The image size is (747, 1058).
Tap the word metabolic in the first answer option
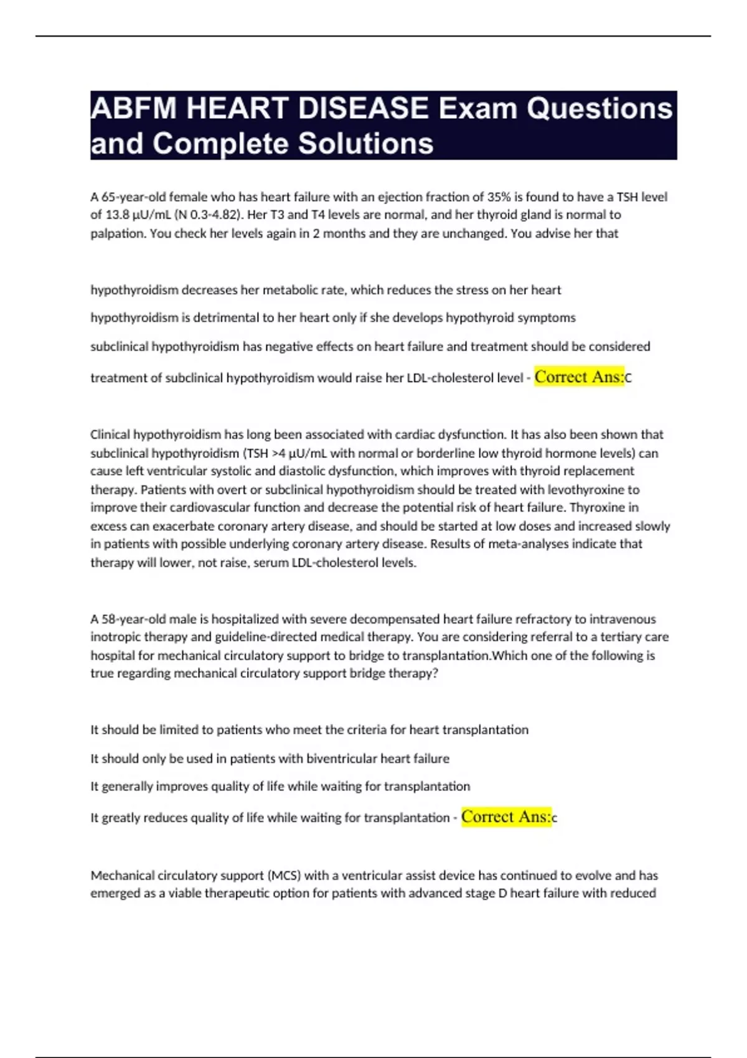[x=289, y=290]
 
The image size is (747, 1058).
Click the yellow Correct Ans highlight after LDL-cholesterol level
[x=579, y=377]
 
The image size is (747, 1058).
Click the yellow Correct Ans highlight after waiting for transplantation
[x=505, y=817]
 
